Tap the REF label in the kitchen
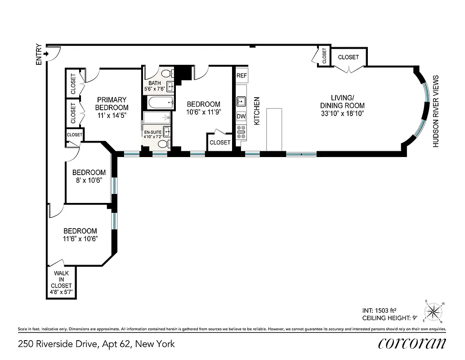tap(241, 76)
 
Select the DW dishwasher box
tap(241, 117)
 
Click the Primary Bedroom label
tap(112, 103)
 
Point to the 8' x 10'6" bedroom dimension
tap(89, 180)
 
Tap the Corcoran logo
tap(412, 343)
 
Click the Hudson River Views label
tap(435, 111)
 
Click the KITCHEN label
tap(257, 111)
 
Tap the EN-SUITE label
tap(152, 133)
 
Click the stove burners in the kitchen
tap(241, 131)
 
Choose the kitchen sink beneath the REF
tap(241, 100)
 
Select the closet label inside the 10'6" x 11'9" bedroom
tap(220, 142)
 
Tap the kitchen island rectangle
tap(275, 130)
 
